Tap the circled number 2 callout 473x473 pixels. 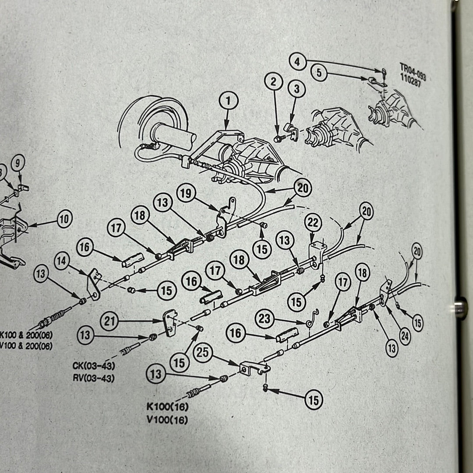pyautogui.click(x=274, y=81)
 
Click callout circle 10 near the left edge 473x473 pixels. pyautogui.click(x=64, y=219)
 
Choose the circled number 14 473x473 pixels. pyautogui.click(x=62, y=261)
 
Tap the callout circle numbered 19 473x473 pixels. pyautogui.click(x=186, y=193)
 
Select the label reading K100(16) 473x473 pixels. pyautogui.click(x=168, y=407)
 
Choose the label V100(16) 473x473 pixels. pyautogui.click(x=168, y=420)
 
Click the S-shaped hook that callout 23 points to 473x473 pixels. pyautogui.click(x=312, y=318)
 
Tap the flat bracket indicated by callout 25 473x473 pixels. pyautogui.click(x=253, y=367)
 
